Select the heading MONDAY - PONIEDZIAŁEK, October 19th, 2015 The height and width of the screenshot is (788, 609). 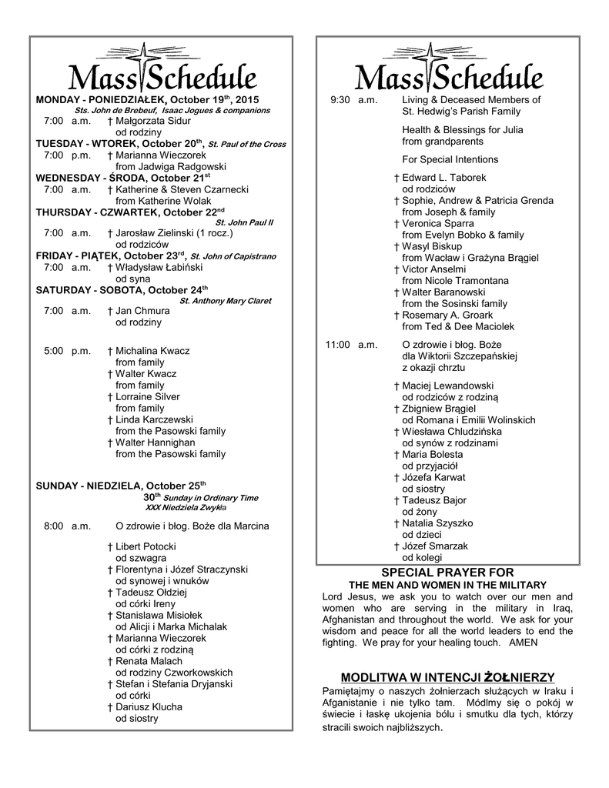(x=148, y=100)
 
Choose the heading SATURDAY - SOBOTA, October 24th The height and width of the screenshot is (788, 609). (x=122, y=289)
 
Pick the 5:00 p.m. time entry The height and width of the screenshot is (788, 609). (x=67, y=351)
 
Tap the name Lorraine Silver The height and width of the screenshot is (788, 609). (x=148, y=397)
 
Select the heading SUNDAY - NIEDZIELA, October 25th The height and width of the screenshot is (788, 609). (x=122, y=486)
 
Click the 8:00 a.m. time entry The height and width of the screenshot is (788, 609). (x=67, y=526)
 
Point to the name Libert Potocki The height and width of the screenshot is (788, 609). (x=146, y=546)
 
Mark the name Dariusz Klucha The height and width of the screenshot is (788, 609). (x=149, y=707)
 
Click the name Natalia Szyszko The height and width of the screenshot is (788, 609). (x=437, y=523)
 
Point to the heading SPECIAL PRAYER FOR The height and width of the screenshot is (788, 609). (x=447, y=573)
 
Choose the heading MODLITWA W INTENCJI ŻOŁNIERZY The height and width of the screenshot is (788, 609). (x=447, y=676)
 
